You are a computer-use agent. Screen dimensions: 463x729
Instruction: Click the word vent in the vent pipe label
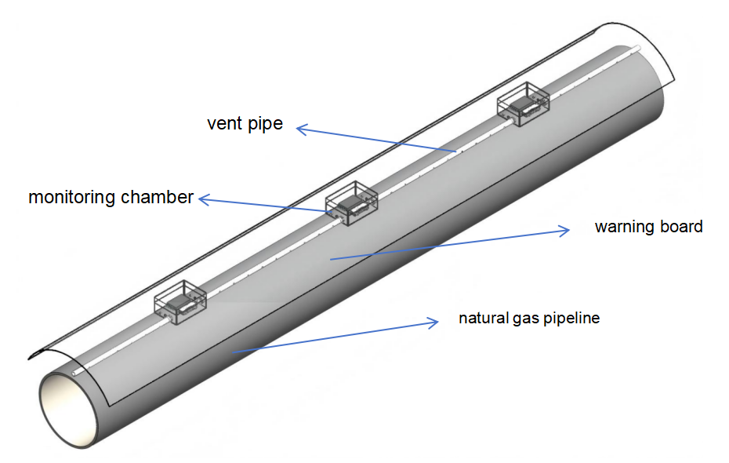tap(223, 124)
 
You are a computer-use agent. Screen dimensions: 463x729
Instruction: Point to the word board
tap(681, 228)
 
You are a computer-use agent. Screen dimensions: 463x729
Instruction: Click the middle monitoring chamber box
tap(351, 202)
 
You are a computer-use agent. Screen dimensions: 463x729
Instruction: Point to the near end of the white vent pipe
tap(73, 374)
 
